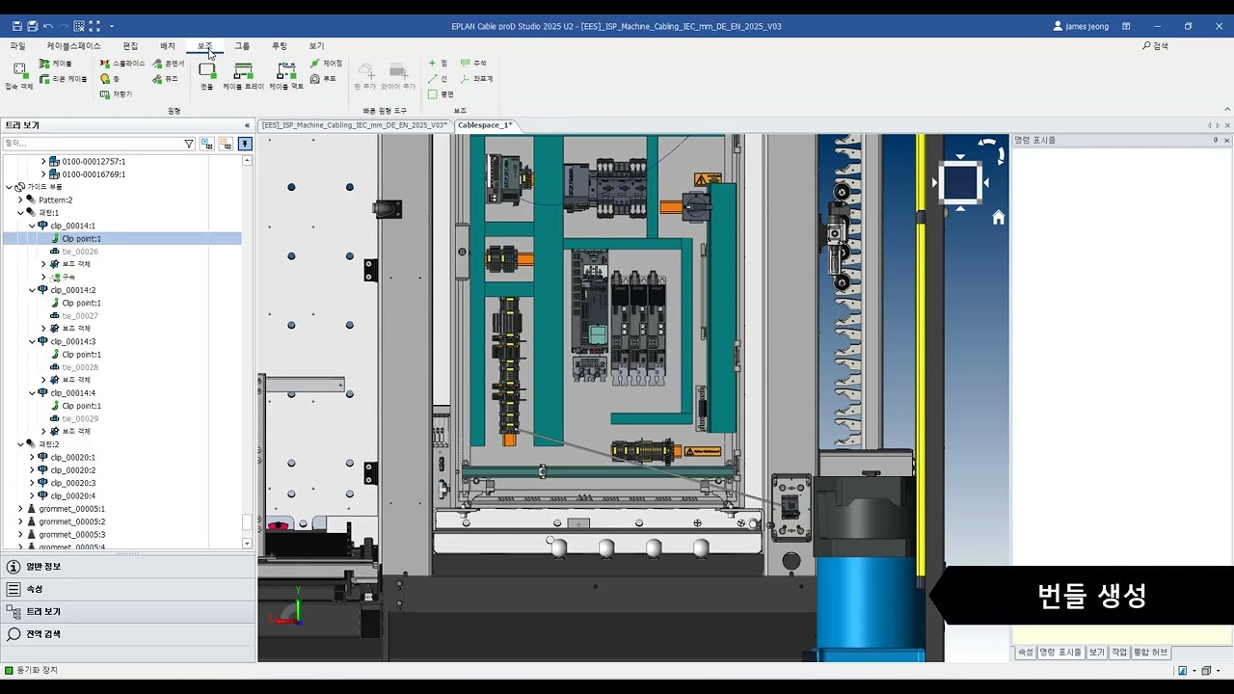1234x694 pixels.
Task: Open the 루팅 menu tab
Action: coord(279,46)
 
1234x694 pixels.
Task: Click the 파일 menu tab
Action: coord(17,46)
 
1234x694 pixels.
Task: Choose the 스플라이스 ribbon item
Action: coord(122,64)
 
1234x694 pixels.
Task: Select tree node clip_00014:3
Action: coord(73,341)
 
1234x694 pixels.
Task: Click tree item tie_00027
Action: coord(80,316)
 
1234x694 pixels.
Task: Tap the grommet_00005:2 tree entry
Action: coord(72,521)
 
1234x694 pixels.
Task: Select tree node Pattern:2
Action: coord(55,200)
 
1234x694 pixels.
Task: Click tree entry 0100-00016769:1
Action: coord(94,174)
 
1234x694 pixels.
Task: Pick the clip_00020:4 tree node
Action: coord(73,495)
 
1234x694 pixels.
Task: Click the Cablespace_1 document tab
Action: coord(484,125)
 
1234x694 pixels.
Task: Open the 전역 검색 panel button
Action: coord(42,634)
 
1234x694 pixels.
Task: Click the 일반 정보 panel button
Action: coord(42,567)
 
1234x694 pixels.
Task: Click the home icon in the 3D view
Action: coord(998,218)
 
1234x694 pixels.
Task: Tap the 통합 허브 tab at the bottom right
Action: coord(1150,653)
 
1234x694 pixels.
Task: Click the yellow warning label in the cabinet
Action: coord(708,179)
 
